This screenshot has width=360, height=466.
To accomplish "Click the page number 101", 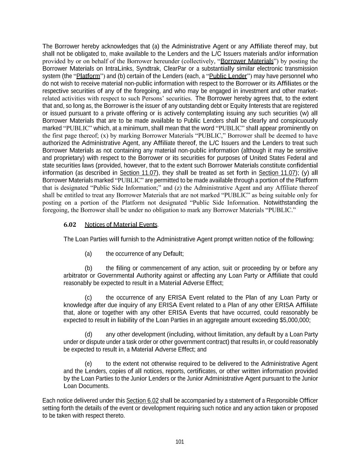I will (179, 442).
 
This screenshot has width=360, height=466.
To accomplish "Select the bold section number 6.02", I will (70, 225).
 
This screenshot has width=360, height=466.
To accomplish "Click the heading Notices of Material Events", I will (121, 225).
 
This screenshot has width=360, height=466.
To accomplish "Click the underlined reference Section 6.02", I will (142, 401).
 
